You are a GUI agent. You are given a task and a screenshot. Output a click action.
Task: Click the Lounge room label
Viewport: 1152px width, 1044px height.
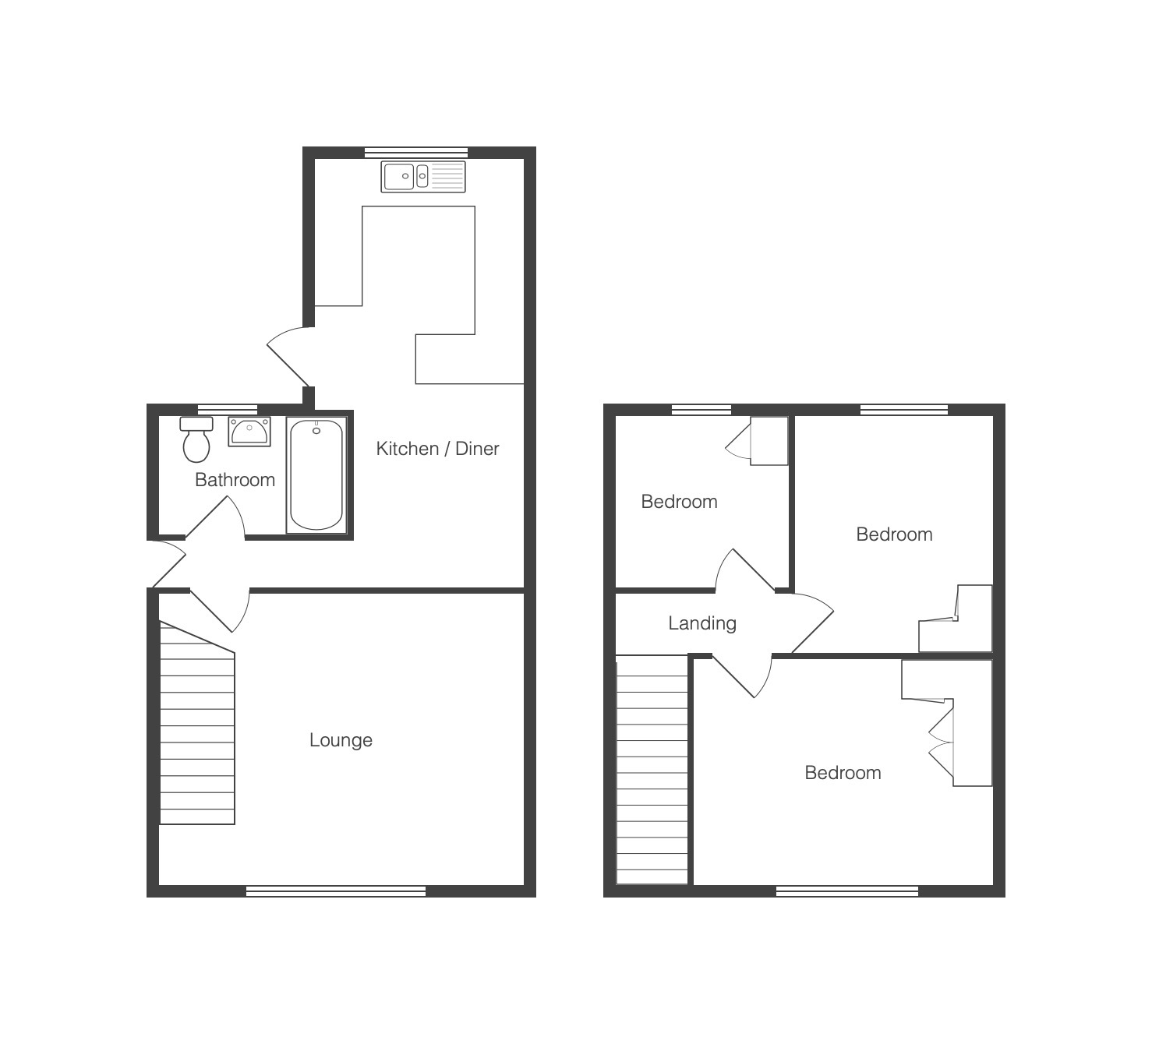tap(341, 740)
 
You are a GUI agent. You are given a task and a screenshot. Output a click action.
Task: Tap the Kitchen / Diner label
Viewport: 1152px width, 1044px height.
tap(437, 449)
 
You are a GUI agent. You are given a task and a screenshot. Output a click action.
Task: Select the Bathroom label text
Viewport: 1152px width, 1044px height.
tap(235, 479)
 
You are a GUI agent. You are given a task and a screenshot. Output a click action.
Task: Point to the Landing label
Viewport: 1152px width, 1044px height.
tap(702, 623)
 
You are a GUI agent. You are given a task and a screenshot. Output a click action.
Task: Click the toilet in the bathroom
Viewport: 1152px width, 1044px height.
tap(196, 439)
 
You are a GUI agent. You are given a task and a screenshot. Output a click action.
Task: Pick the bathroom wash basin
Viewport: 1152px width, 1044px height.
tap(249, 432)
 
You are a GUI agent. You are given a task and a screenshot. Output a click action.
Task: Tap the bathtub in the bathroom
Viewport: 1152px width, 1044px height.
tap(316, 475)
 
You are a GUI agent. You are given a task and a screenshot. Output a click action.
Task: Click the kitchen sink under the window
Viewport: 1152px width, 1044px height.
tap(423, 176)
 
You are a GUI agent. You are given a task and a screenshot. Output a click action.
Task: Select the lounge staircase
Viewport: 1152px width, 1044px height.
tap(197, 724)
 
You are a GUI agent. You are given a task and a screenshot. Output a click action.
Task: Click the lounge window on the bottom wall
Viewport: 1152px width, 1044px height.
tap(336, 891)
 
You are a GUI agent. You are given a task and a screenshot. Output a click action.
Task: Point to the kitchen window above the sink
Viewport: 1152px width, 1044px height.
tap(416, 152)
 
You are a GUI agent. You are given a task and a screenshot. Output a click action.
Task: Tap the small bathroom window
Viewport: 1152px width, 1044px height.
tap(228, 410)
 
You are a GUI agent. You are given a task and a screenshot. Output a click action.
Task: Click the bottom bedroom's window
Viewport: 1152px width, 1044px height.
tap(847, 891)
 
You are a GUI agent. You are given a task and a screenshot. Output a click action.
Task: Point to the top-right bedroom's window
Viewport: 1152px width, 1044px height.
tap(904, 410)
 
